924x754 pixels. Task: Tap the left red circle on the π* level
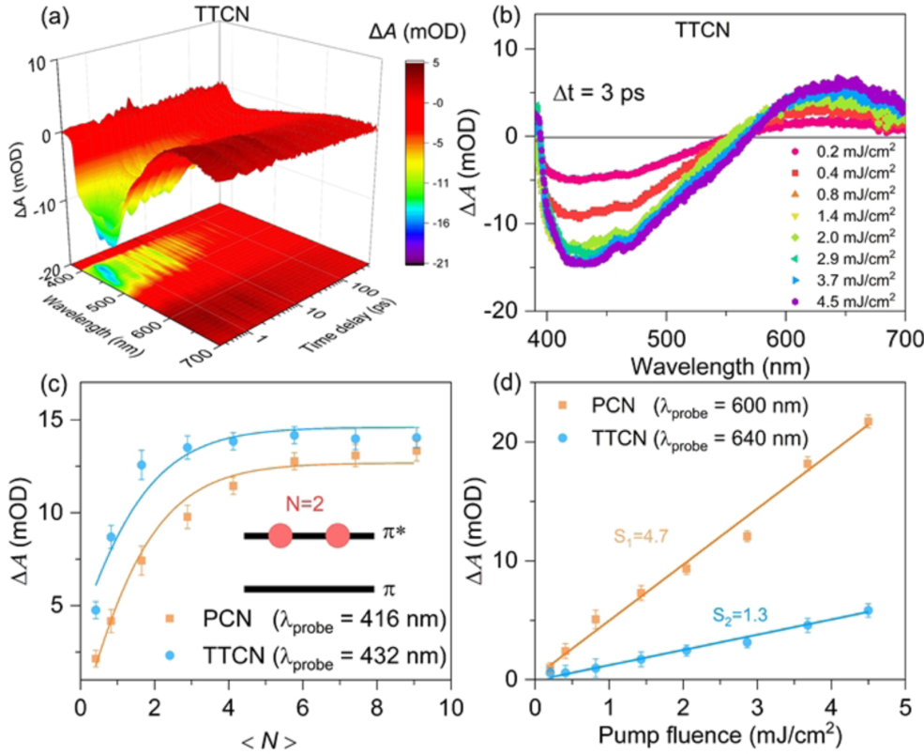click(x=280, y=536)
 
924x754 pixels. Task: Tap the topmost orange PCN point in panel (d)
click(x=867, y=422)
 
